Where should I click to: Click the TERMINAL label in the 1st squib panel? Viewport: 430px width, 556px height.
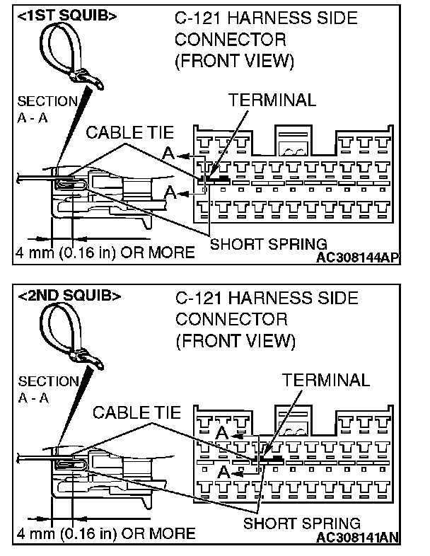tap(272, 100)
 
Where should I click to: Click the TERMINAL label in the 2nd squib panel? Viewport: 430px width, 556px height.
tap(326, 380)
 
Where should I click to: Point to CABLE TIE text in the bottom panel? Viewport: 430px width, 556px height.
tap(136, 412)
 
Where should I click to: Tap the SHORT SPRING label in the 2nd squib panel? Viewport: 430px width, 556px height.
tap(302, 523)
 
